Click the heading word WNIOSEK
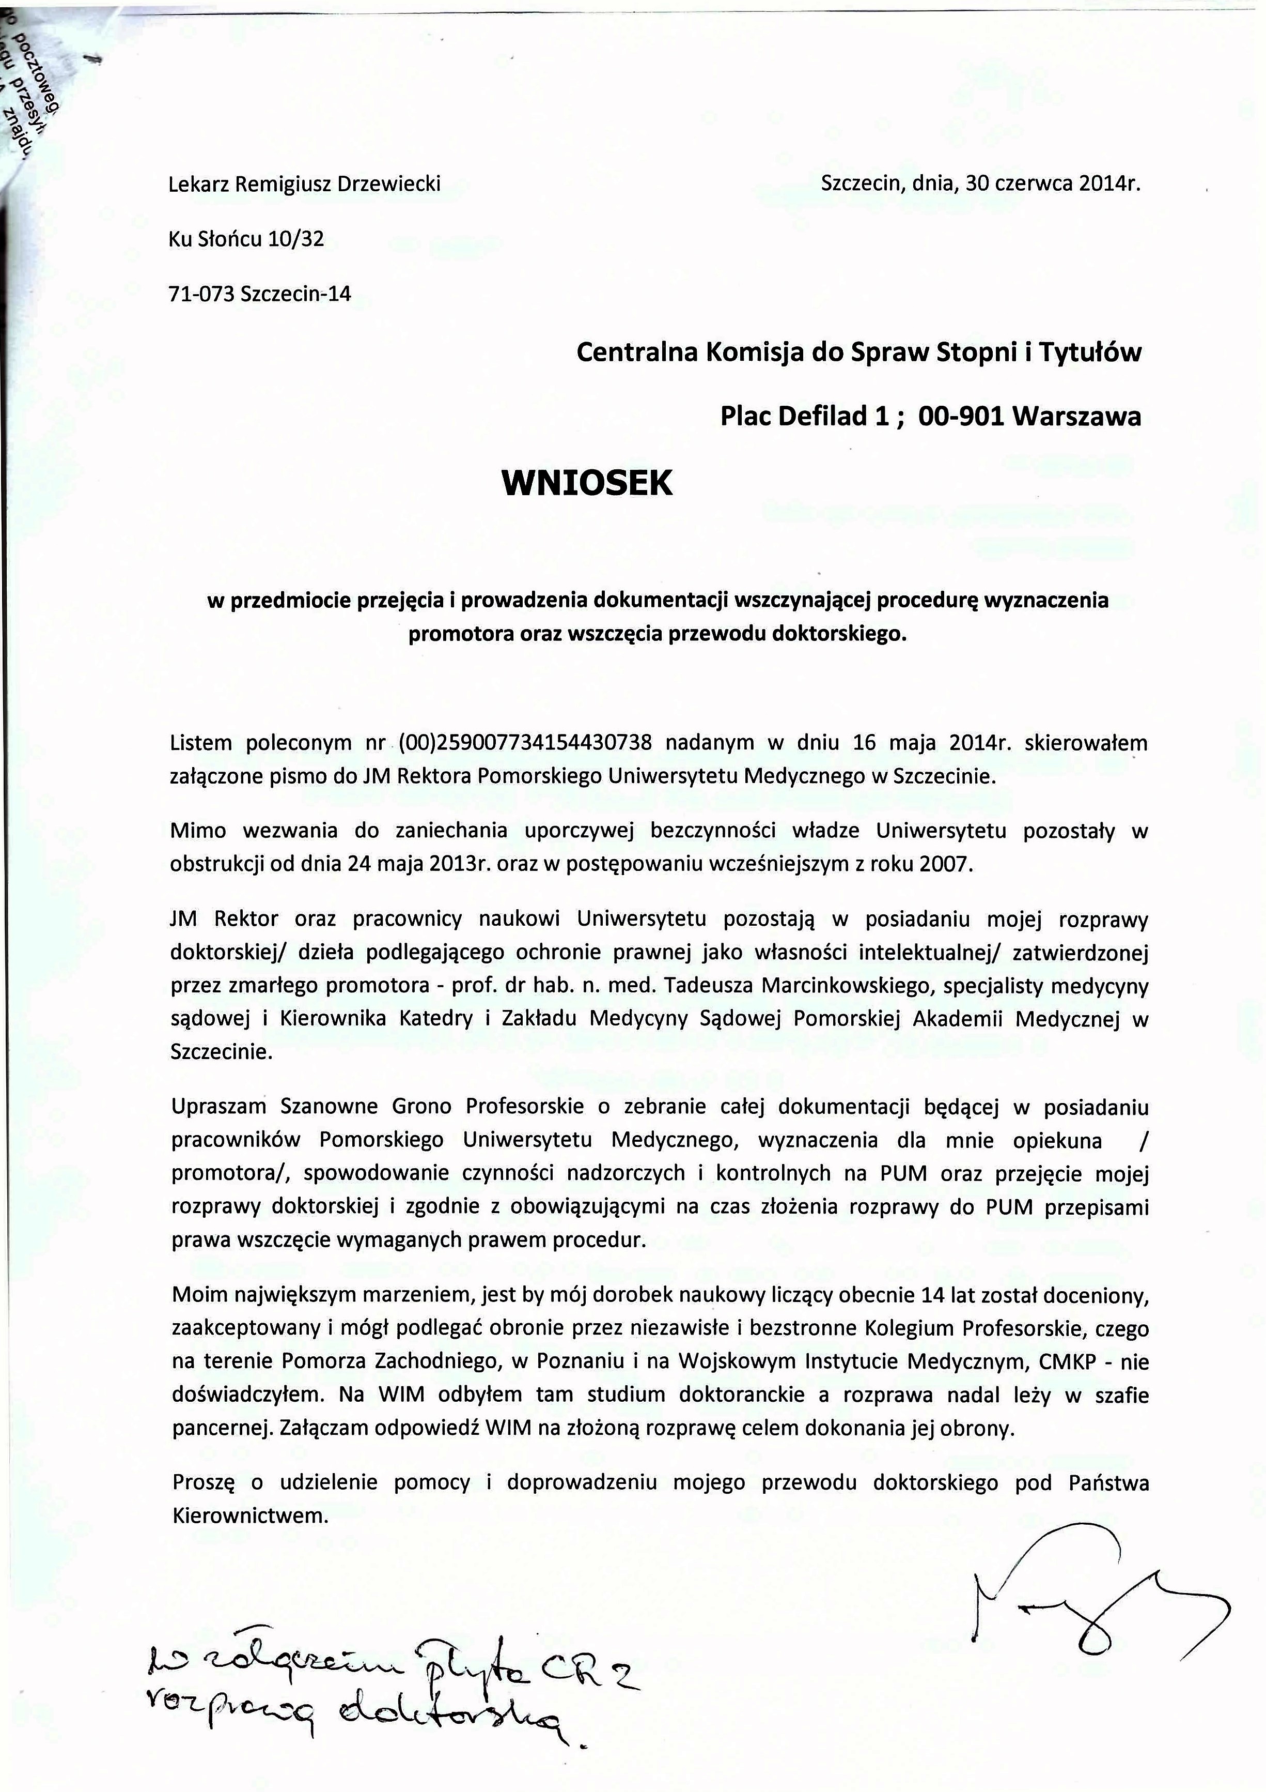click(587, 484)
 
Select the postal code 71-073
click(201, 294)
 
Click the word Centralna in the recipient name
click(636, 353)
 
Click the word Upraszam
click(218, 1107)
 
